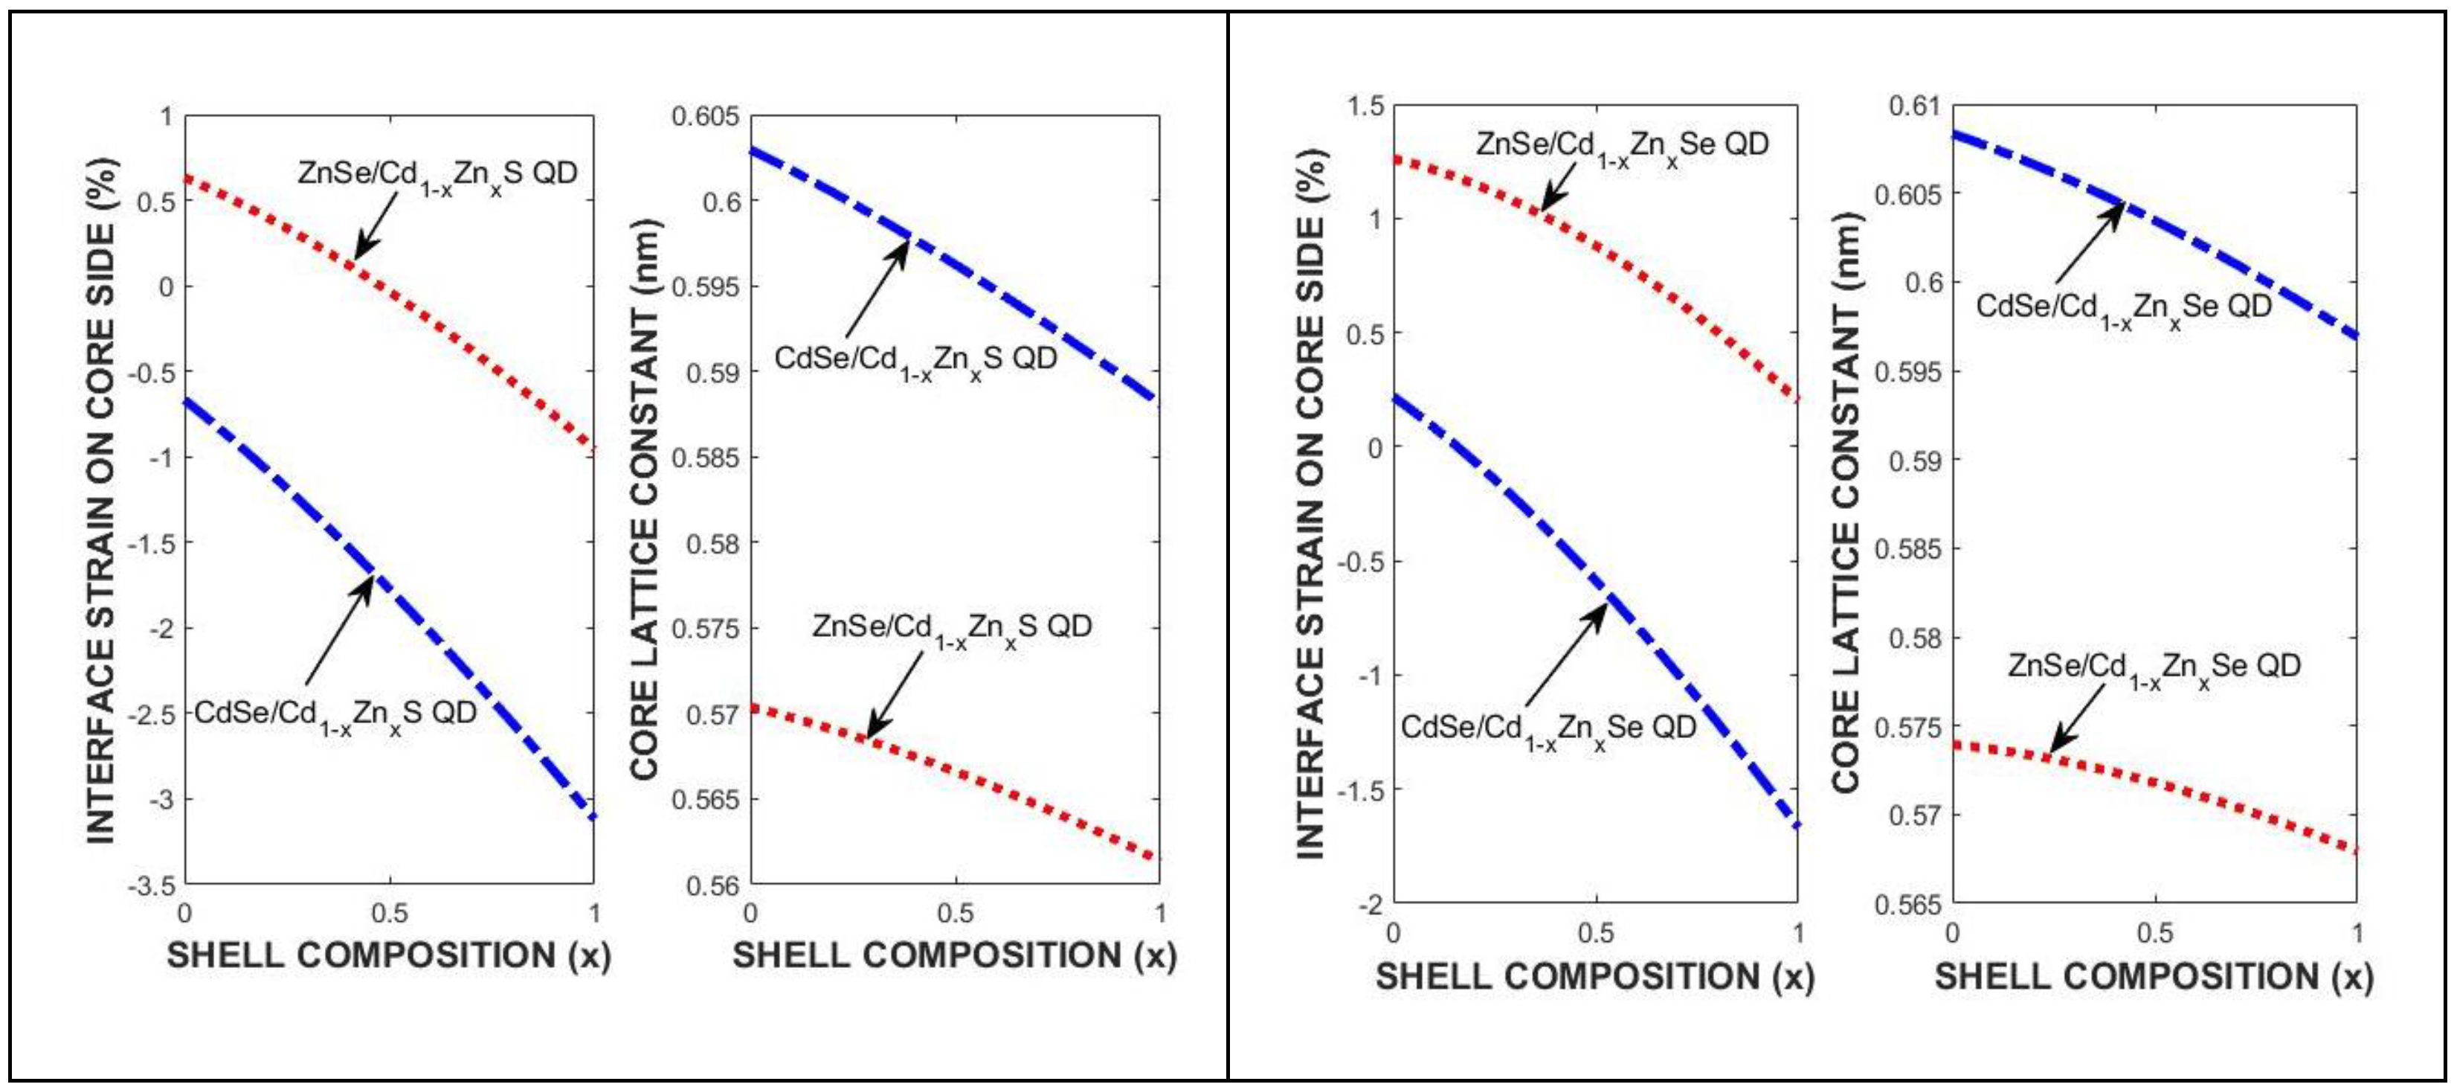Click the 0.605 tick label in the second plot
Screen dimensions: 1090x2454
coord(705,116)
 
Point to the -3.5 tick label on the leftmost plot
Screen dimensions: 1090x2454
coord(152,886)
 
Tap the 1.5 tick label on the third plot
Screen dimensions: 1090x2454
coord(1366,106)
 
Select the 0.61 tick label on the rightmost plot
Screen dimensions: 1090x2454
coord(1915,106)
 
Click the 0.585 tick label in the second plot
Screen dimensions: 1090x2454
coord(705,458)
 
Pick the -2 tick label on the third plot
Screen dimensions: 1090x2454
coord(1371,904)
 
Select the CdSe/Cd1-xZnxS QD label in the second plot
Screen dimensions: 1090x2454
coord(915,361)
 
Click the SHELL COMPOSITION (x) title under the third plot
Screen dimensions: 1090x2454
coord(1594,977)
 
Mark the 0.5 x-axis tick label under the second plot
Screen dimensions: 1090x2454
coord(955,914)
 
